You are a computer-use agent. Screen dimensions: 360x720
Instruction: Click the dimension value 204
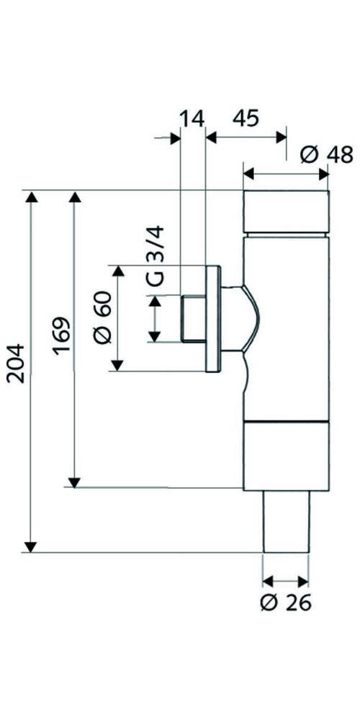tap(17, 363)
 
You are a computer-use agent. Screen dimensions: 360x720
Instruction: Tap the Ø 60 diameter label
tap(102, 317)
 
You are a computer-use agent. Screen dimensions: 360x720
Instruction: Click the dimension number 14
tap(192, 119)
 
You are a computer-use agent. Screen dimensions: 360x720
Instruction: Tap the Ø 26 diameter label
tap(285, 603)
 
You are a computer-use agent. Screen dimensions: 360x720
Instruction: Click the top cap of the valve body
tap(286, 212)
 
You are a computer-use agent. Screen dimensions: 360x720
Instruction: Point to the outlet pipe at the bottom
tap(286, 521)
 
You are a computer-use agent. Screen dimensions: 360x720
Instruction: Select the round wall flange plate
tap(213, 318)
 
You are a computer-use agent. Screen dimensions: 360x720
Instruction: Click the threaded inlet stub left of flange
tap(193, 318)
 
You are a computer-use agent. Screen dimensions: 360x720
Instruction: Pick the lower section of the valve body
tap(286, 456)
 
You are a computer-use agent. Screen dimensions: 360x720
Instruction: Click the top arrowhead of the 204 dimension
tap(31, 198)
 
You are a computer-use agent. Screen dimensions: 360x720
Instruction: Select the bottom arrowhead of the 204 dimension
tap(31, 546)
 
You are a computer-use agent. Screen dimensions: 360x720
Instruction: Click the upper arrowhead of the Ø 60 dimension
tap(119, 272)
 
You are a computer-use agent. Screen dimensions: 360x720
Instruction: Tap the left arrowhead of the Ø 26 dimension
tap(268, 581)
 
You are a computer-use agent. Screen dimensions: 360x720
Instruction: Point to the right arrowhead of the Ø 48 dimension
tap(323, 174)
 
